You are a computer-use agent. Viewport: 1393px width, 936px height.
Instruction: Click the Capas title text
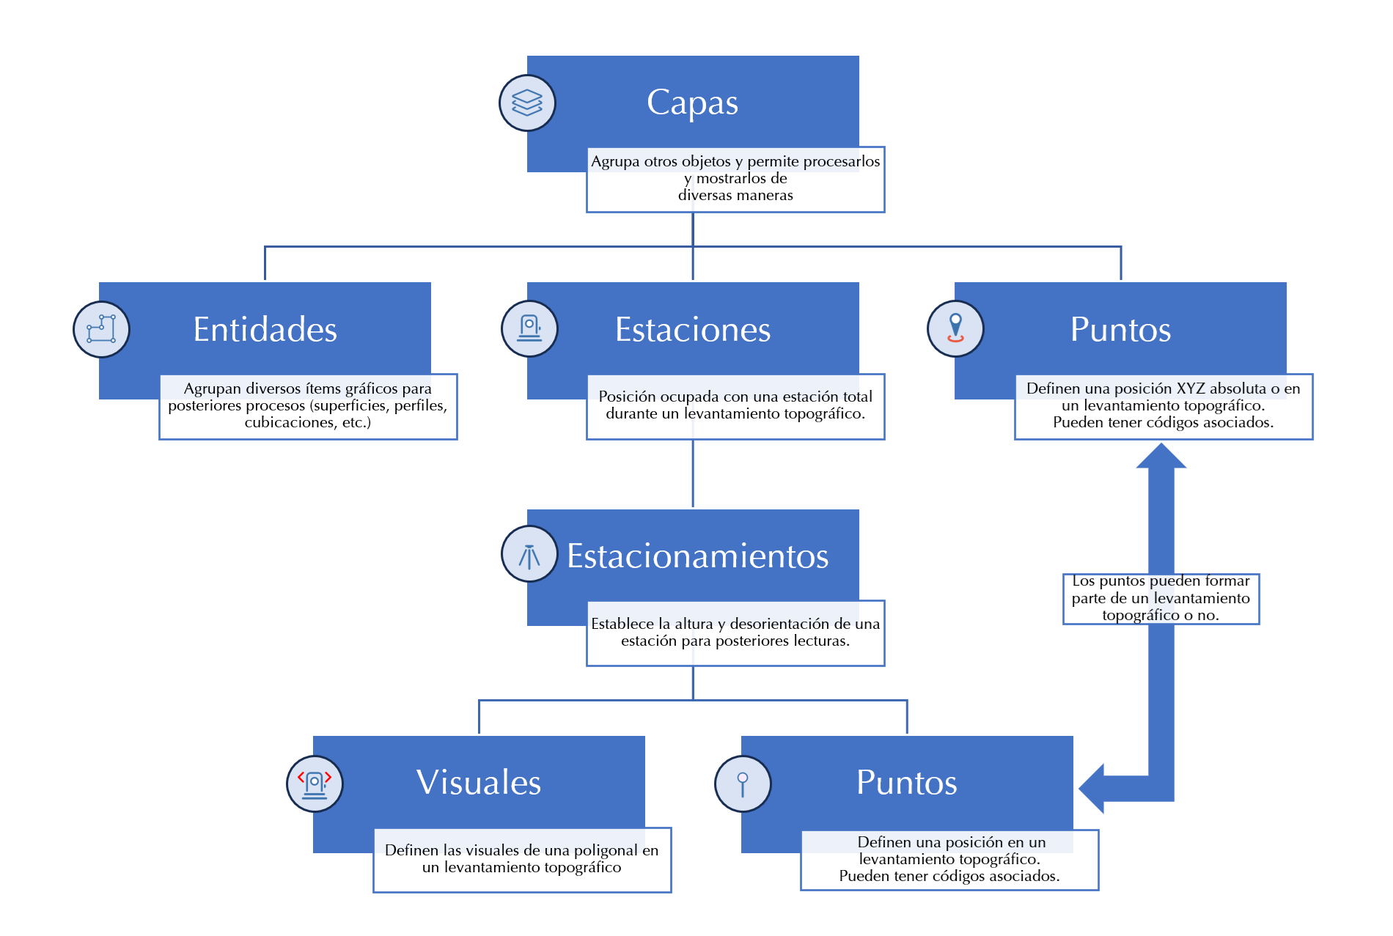coord(692,103)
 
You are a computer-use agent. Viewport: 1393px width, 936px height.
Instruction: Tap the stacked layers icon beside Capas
coord(527,103)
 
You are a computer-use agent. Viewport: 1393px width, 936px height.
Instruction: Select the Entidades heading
coord(265,330)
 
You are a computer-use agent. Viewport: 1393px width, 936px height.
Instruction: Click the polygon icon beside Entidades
coord(101,330)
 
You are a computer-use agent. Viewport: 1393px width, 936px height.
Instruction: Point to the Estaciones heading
coord(692,330)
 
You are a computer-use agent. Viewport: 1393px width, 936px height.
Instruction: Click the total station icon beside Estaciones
coord(529,329)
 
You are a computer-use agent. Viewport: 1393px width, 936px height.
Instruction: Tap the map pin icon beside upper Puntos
coord(955,329)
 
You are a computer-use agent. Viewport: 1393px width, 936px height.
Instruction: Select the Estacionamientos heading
coord(697,556)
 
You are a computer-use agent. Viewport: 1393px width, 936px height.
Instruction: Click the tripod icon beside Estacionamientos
coord(529,555)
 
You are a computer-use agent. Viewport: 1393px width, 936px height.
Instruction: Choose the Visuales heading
coord(479,783)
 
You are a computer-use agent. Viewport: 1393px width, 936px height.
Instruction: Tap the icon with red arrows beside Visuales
coord(315,784)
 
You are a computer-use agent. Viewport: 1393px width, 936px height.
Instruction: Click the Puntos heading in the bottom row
coord(906,783)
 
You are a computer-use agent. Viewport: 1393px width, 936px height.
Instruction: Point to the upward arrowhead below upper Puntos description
coord(1161,457)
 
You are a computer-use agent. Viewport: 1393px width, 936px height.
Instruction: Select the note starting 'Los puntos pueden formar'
coord(1161,599)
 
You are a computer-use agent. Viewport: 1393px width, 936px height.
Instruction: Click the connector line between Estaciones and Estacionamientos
coord(693,473)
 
